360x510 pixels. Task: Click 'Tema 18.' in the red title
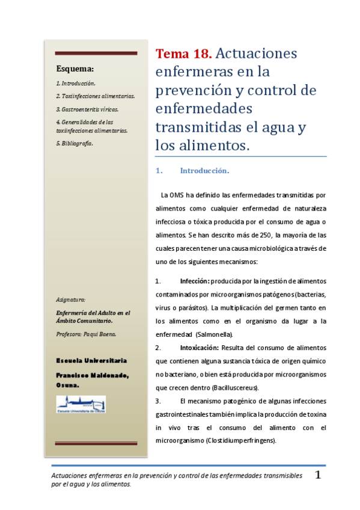click(x=183, y=54)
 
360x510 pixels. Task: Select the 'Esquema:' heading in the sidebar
click(x=75, y=69)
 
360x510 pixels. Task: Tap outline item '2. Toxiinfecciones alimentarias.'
click(x=95, y=96)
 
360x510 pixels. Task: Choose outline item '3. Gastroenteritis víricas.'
click(x=87, y=109)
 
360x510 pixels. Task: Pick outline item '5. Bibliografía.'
click(x=75, y=143)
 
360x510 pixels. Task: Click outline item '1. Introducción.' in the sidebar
click(x=76, y=83)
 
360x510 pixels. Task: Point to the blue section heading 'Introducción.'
click(x=204, y=171)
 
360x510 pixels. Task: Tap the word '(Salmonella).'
click(x=214, y=334)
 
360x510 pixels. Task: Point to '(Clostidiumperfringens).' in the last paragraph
click(x=240, y=440)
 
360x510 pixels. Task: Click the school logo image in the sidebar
click(x=81, y=404)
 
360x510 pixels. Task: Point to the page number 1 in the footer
click(x=319, y=475)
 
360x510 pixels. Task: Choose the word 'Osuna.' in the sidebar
click(x=68, y=384)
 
